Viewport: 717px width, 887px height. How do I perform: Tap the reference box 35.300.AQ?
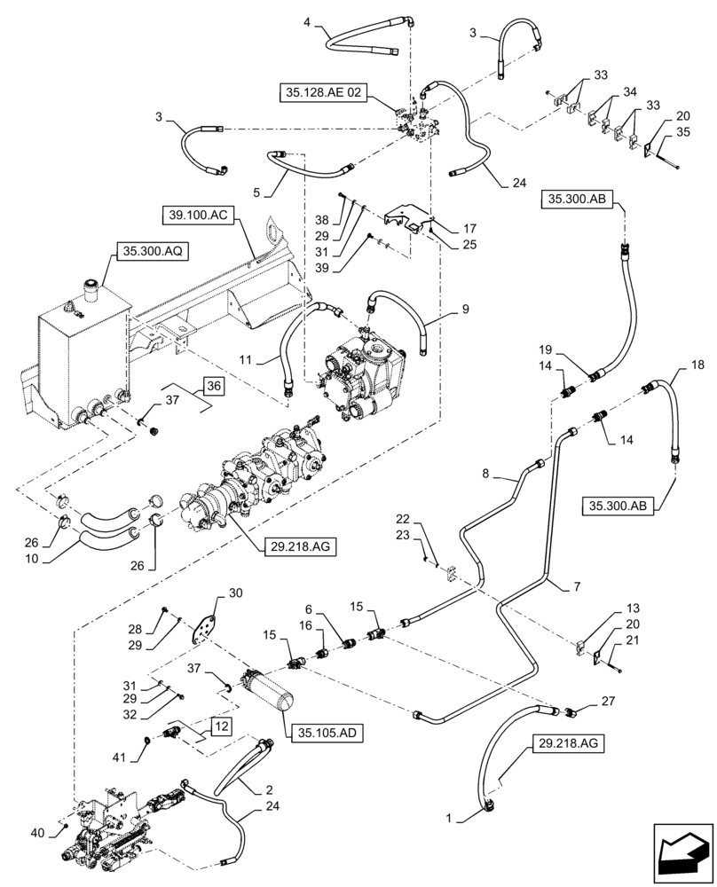coord(148,251)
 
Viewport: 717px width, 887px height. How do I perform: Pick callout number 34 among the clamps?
coord(630,91)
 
